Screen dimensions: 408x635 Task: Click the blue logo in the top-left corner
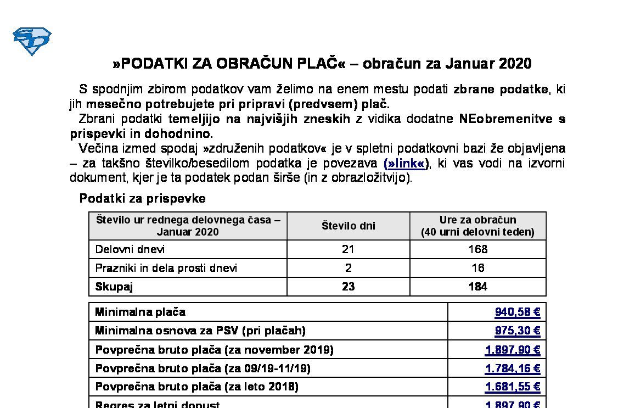pos(32,41)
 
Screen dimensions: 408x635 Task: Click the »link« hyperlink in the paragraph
pos(406,163)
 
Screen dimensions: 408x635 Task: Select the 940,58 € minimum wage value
pos(517,312)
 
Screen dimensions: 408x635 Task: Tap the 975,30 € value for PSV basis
pos(517,331)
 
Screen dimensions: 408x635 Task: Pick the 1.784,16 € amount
pos(513,368)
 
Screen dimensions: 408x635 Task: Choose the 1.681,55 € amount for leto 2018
pos(513,387)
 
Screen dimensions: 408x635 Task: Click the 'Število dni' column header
pos(348,226)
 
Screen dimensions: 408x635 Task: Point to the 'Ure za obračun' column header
pos(477,220)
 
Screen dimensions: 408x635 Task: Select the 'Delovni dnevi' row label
pos(130,249)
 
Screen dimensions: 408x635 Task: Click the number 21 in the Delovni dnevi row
pos(348,249)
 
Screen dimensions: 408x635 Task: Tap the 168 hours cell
pos(477,249)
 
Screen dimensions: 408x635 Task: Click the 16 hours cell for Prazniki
pos(477,268)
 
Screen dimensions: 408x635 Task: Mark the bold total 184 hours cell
pos(477,287)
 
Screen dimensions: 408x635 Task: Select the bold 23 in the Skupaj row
pos(348,287)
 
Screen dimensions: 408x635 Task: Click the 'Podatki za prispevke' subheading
pos(142,198)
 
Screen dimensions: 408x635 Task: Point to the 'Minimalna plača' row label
pos(140,312)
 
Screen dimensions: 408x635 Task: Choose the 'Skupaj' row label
pos(114,287)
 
